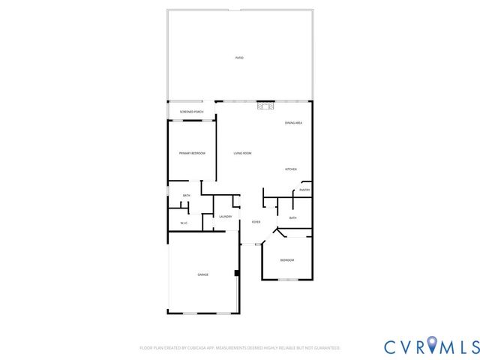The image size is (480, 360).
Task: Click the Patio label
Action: tap(239, 58)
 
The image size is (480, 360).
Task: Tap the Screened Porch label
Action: tap(191, 112)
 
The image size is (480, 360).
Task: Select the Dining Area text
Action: tap(293, 123)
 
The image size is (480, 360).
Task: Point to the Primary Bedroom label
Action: tap(192, 153)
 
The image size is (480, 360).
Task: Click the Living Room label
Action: tap(242, 153)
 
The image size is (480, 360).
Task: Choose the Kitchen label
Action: tap(291, 169)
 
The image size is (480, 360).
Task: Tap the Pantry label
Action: tap(304, 190)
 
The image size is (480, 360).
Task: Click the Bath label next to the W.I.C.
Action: tap(186, 196)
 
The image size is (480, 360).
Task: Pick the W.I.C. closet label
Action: tap(184, 223)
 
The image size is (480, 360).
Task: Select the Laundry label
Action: tap(225, 217)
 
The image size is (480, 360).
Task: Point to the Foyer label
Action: tap(256, 222)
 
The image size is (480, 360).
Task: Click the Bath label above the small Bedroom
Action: tap(293, 218)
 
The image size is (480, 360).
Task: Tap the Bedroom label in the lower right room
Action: tap(287, 260)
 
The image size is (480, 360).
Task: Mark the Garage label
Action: tap(202, 275)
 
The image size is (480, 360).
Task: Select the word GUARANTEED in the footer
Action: tap(328, 348)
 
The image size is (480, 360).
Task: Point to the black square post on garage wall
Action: tap(237, 273)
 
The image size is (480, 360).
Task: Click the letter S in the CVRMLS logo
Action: tap(472, 346)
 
